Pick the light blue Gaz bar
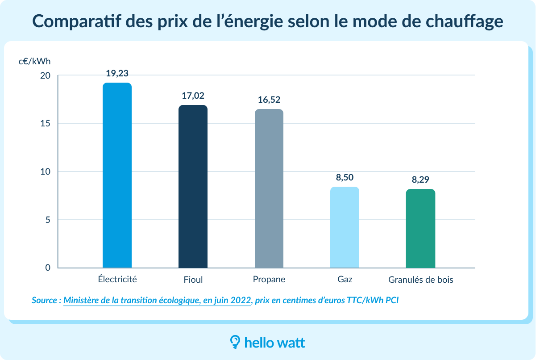tap(345, 227)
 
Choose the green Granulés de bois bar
tap(420, 228)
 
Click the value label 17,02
tap(193, 96)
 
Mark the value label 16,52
tap(269, 100)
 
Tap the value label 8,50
tap(345, 177)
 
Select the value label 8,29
tap(420, 180)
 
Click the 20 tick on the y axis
tap(46, 76)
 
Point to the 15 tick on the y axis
tap(46, 124)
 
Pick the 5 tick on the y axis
tap(48, 220)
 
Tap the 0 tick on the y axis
tap(48, 268)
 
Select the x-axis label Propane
tap(269, 280)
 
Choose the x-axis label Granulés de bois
tap(420, 280)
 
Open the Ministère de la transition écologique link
tap(157, 301)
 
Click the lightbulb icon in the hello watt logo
tap(235, 342)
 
